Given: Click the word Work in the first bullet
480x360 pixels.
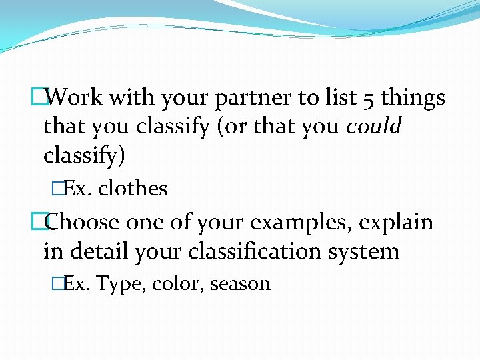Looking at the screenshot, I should click(75, 98).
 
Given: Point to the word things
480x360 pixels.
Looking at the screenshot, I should click(414, 98).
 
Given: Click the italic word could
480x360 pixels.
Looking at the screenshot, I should click(374, 126).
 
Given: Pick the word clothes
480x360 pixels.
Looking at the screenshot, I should click(133, 189).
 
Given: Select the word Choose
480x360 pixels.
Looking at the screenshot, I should click(83, 221).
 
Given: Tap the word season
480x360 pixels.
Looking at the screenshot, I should click(240, 284).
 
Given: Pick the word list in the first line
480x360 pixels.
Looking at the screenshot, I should click(340, 98).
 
